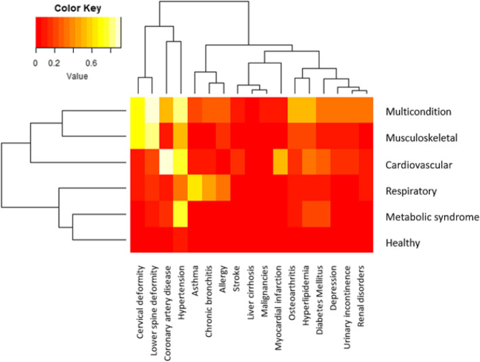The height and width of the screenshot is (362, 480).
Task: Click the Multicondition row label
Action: tap(418, 111)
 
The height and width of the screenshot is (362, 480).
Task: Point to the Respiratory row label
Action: tap(411, 190)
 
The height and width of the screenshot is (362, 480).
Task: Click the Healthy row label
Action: tap(403, 243)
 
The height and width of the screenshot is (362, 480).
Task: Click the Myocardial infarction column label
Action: tap(281, 302)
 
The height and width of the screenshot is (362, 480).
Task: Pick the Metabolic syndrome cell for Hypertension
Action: tap(181, 216)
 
